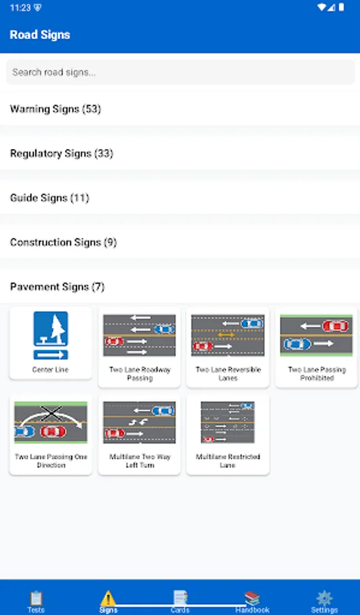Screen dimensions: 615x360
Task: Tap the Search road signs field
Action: pos(180,72)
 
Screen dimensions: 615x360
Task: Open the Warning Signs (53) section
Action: pos(55,109)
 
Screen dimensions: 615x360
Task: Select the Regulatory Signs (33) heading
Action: pos(61,153)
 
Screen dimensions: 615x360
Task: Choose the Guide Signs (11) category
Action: pos(49,197)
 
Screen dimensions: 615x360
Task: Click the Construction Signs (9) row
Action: pos(64,242)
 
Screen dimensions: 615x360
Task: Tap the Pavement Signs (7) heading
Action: pos(57,286)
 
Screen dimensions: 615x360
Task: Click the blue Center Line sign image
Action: pos(51,336)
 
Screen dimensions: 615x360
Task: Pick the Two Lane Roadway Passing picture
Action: pos(139,335)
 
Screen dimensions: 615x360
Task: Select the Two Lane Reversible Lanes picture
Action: pos(227,335)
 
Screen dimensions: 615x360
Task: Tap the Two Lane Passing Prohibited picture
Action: pos(317,335)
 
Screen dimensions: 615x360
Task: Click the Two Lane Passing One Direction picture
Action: pos(51,423)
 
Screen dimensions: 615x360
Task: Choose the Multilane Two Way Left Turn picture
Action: pos(139,422)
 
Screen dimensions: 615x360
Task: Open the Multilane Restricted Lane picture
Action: pos(227,422)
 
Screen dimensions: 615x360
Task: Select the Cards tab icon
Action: pos(180,597)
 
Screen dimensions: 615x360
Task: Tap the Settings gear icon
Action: pos(324,597)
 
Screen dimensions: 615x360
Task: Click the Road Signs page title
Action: pos(40,35)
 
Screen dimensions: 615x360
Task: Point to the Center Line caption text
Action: pos(51,370)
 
